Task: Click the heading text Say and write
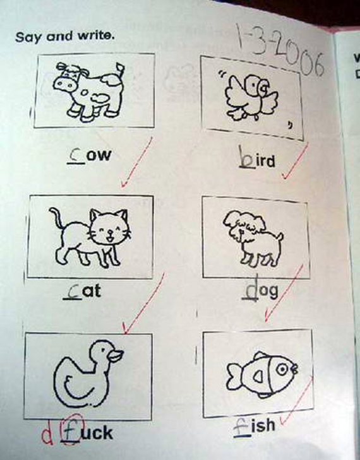(64, 37)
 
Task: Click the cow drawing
(88, 92)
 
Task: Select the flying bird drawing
(251, 97)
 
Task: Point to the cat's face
(109, 227)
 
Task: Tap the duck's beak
(116, 355)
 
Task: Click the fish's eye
(282, 369)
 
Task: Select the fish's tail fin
(234, 376)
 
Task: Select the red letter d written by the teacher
(47, 433)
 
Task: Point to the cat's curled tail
(57, 218)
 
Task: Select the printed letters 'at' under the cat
(91, 292)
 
